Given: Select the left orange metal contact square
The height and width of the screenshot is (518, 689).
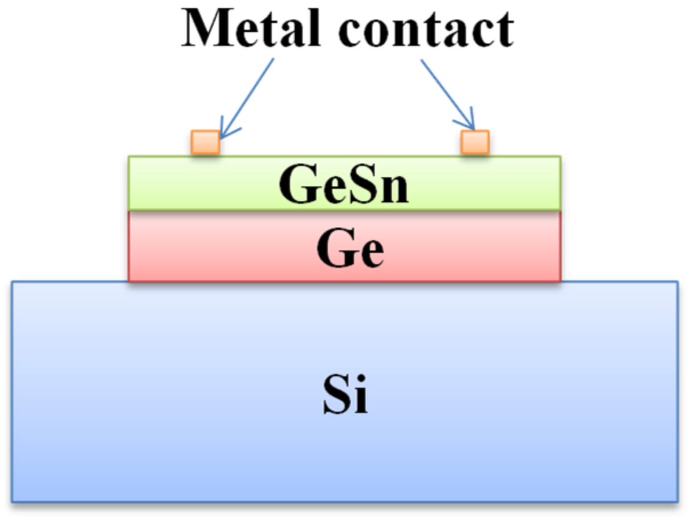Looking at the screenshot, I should (205, 142).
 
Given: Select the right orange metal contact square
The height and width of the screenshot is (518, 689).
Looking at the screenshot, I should (475, 142).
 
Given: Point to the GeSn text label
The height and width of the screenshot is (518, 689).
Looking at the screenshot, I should (344, 185).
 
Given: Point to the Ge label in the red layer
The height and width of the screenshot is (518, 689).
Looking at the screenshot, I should (350, 249).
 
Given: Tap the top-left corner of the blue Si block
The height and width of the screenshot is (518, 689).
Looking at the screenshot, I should (13, 282).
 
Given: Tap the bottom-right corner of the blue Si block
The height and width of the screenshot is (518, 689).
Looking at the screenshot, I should (677, 501).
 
